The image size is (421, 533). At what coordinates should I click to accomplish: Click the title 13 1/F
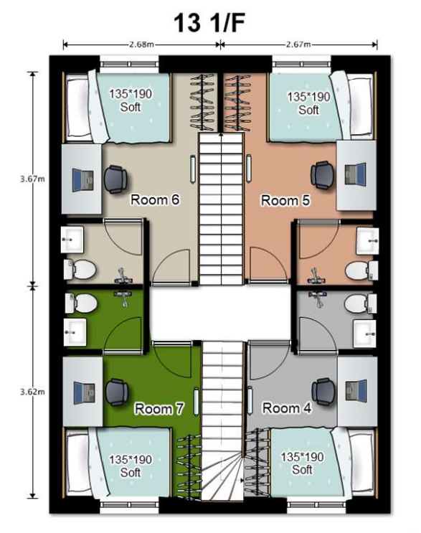(209, 24)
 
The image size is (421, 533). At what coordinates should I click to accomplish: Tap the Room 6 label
(155, 200)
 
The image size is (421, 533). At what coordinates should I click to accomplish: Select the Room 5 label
(285, 201)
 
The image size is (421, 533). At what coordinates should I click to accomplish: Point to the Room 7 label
(159, 408)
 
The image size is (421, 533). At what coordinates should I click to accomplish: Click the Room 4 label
(287, 408)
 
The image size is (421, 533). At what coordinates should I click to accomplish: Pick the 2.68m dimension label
(141, 44)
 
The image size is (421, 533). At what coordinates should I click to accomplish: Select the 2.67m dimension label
(298, 44)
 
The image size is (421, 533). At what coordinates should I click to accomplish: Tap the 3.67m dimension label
(32, 179)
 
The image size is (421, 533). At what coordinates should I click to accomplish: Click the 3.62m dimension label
(32, 392)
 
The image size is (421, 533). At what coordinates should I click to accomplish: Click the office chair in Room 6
(115, 179)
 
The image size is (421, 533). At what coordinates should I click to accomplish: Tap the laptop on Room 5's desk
(356, 174)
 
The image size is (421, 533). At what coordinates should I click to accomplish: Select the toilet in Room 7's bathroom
(80, 303)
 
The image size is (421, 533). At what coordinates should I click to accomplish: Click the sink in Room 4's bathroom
(365, 334)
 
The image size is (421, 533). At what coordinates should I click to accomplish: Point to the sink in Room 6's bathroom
(72, 240)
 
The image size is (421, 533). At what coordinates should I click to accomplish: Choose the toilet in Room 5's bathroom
(361, 271)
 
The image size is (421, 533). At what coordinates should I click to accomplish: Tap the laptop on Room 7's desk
(84, 393)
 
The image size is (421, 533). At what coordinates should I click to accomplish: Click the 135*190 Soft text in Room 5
(308, 103)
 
